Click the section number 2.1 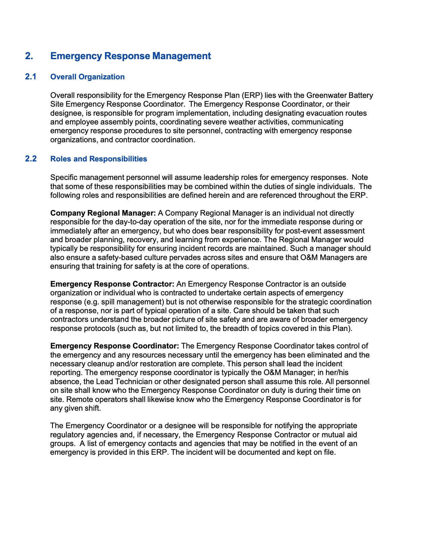31,77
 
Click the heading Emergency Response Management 131,56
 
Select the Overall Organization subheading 87,77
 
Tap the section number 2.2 31,159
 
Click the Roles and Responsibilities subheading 99,159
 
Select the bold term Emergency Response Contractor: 112,284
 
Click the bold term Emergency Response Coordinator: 114,346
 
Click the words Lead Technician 124,382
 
